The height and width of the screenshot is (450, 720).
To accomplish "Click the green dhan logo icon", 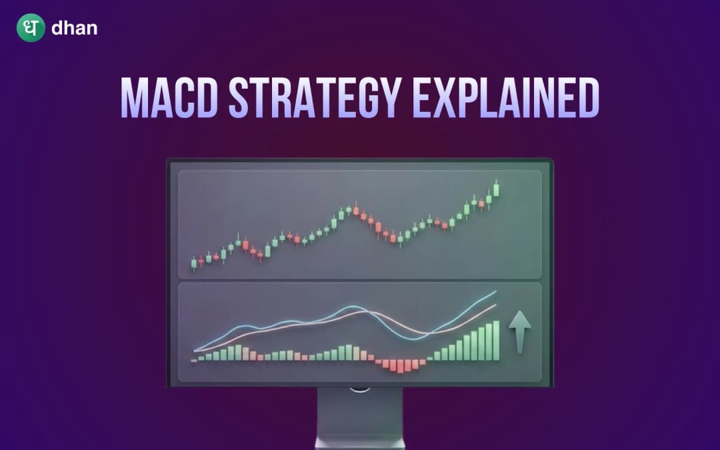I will click(31, 29).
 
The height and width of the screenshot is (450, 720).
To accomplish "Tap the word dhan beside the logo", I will click(73, 29).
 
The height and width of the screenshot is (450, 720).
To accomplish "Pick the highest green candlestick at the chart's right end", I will click(496, 189).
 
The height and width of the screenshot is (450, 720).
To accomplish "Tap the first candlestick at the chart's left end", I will click(194, 264).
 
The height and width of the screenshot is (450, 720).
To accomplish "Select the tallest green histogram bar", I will click(496, 341).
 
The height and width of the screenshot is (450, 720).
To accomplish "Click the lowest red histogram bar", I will click(402, 366).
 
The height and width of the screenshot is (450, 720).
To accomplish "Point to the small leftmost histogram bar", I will click(194, 361).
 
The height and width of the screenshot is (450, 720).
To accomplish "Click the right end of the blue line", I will click(495, 291).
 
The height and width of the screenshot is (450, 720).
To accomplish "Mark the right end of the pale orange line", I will click(495, 305).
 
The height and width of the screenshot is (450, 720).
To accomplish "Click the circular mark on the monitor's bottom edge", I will click(360, 388).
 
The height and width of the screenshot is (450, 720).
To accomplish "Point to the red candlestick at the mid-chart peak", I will click(356, 210).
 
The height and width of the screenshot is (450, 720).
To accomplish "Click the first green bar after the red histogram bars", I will click(430, 359).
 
